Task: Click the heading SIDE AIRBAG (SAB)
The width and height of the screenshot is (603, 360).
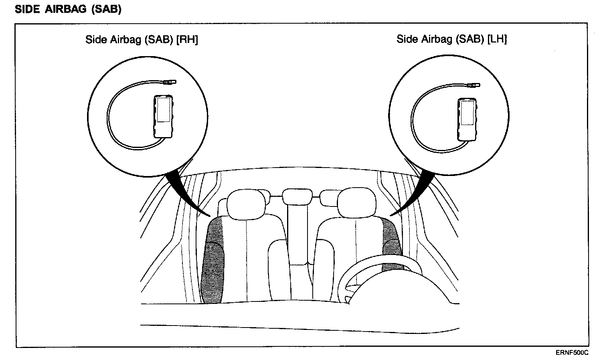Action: point(68,10)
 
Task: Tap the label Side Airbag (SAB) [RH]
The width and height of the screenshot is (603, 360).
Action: point(142,40)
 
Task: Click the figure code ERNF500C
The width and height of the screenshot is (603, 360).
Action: point(572,353)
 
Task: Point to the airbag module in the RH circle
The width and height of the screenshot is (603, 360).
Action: point(163,116)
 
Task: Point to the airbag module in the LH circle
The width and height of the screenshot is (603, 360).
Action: point(466,119)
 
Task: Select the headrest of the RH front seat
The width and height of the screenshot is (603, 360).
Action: point(245,203)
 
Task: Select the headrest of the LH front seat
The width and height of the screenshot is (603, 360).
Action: point(356,203)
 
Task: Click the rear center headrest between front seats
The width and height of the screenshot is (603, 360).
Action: point(297,196)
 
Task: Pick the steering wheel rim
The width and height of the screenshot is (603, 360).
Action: point(361,265)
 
